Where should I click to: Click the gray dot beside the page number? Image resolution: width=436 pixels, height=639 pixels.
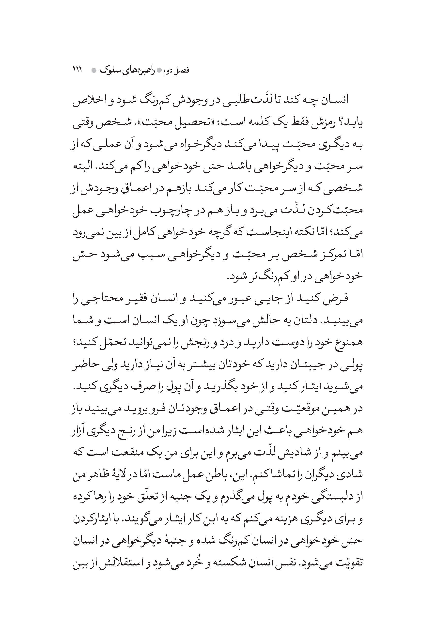coord(94,71)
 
